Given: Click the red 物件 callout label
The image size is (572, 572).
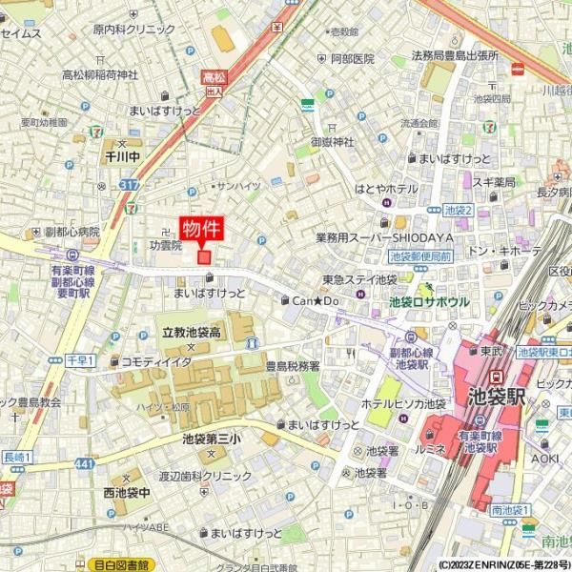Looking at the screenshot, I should (x=202, y=230).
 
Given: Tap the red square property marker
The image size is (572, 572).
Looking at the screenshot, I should (x=203, y=255).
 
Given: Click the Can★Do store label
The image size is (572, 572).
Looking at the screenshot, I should (x=316, y=300).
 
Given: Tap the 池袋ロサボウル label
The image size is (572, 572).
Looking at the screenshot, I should (x=429, y=301).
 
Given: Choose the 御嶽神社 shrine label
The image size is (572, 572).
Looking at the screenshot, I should (x=332, y=141).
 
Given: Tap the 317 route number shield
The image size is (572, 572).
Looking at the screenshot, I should (x=129, y=184).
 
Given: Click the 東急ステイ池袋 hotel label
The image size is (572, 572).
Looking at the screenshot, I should (x=359, y=279).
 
